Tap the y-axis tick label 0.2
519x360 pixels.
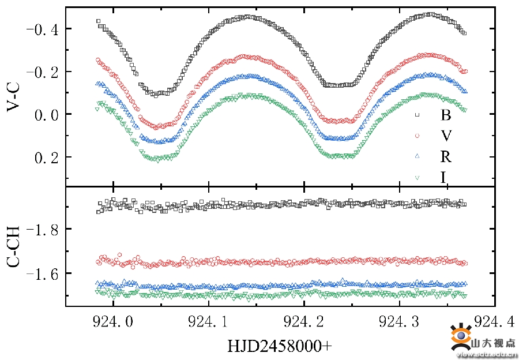[x=44, y=157]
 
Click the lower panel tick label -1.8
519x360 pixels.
[x=41, y=230]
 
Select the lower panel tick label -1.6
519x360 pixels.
[x=41, y=273]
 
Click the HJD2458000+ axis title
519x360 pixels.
[x=280, y=346]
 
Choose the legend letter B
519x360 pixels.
[x=445, y=115]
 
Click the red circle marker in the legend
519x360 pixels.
[x=417, y=136]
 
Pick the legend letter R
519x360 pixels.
[x=445, y=156]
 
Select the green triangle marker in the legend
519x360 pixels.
[x=417, y=178]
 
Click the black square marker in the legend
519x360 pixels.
[x=417, y=115]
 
